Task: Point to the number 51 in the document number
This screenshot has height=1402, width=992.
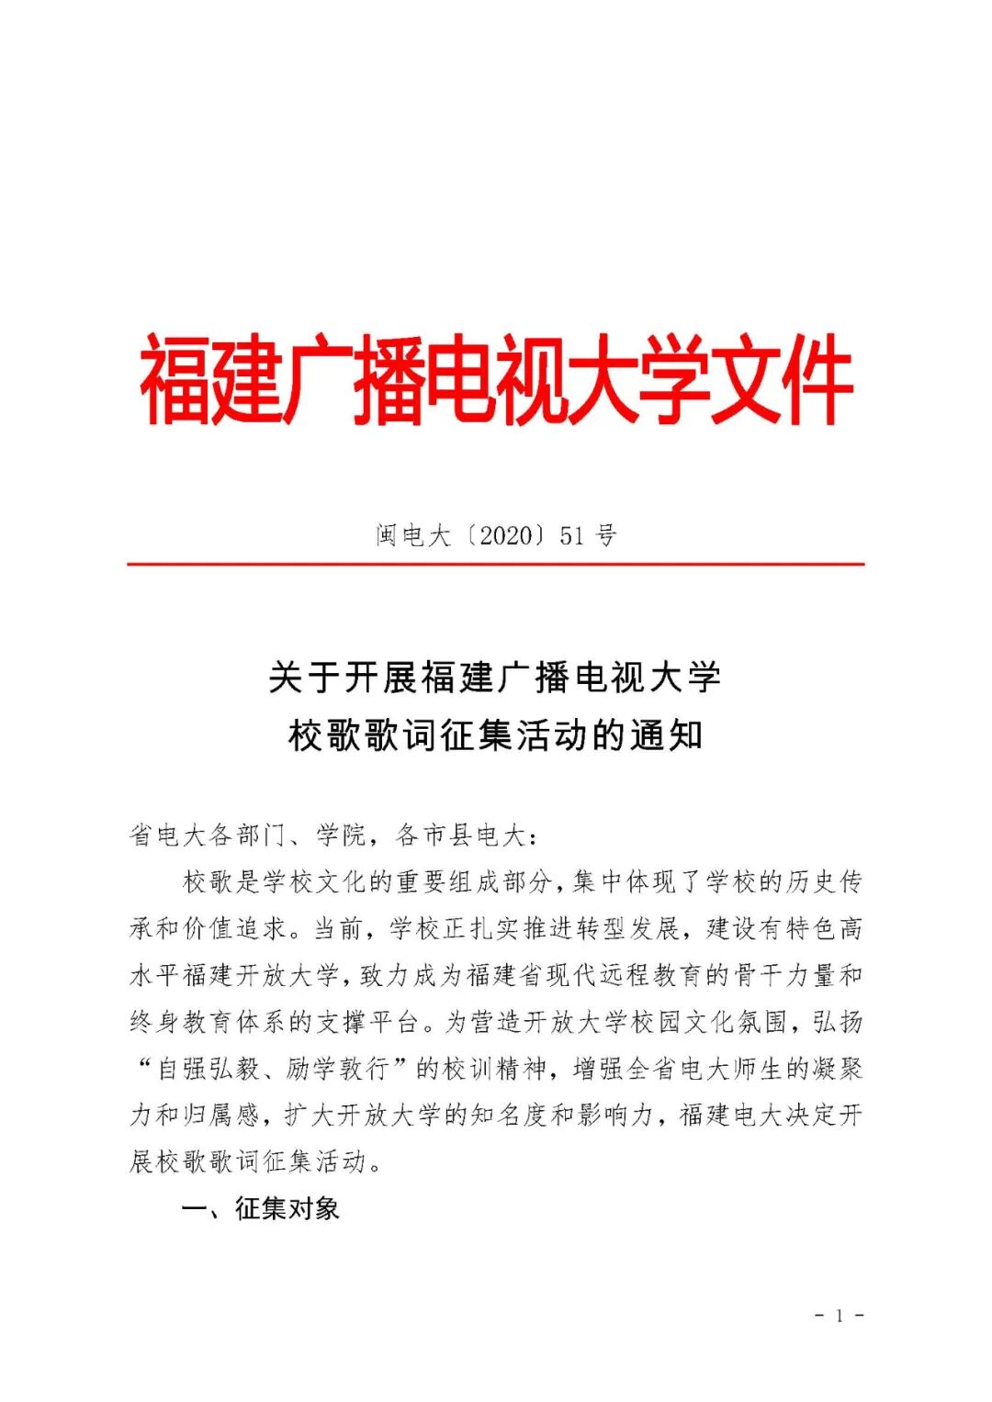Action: click(x=572, y=535)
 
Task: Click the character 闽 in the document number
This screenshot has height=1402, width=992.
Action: click(x=386, y=535)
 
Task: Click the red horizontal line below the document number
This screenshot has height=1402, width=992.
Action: click(x=496, y=564)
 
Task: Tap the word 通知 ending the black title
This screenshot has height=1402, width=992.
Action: click(x=667, y=735)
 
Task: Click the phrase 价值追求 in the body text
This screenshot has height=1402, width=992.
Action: click(x=235, y=928)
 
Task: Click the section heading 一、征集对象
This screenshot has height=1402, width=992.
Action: click(x=261, y=1208)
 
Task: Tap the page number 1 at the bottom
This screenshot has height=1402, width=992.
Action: click(x=839, y=1316)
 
